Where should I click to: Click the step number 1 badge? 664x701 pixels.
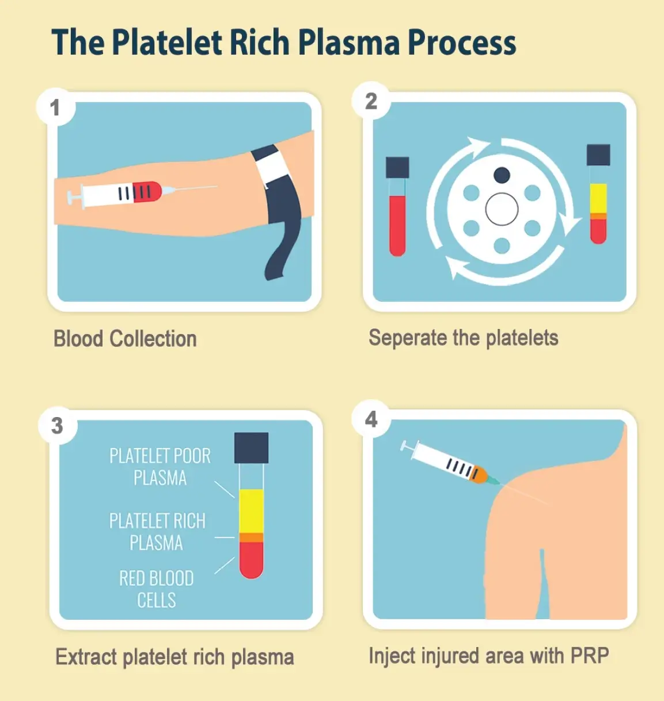click(x=56, y=107)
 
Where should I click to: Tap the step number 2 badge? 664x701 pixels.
click(x=371, y=101)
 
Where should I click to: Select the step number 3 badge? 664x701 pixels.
click(x=58, y=426)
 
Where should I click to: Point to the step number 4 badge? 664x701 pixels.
click(x=371, y=419)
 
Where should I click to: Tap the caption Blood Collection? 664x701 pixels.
click(x=125, y=338)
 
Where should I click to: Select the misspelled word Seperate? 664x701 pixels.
click(x=408, y=338)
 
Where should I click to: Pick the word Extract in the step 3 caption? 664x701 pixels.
click(x=86, y=657)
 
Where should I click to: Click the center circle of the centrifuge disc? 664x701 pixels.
click(x=502, y=209)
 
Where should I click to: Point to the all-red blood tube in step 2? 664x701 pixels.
click(x=397, y=206)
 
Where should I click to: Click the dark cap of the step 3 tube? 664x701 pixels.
click(x=252, y=448)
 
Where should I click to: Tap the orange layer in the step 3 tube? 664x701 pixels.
click(x=252, y=537)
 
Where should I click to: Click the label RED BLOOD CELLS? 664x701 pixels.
click(x=157, y=589)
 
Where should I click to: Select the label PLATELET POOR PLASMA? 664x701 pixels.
click(x=160, y=467)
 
